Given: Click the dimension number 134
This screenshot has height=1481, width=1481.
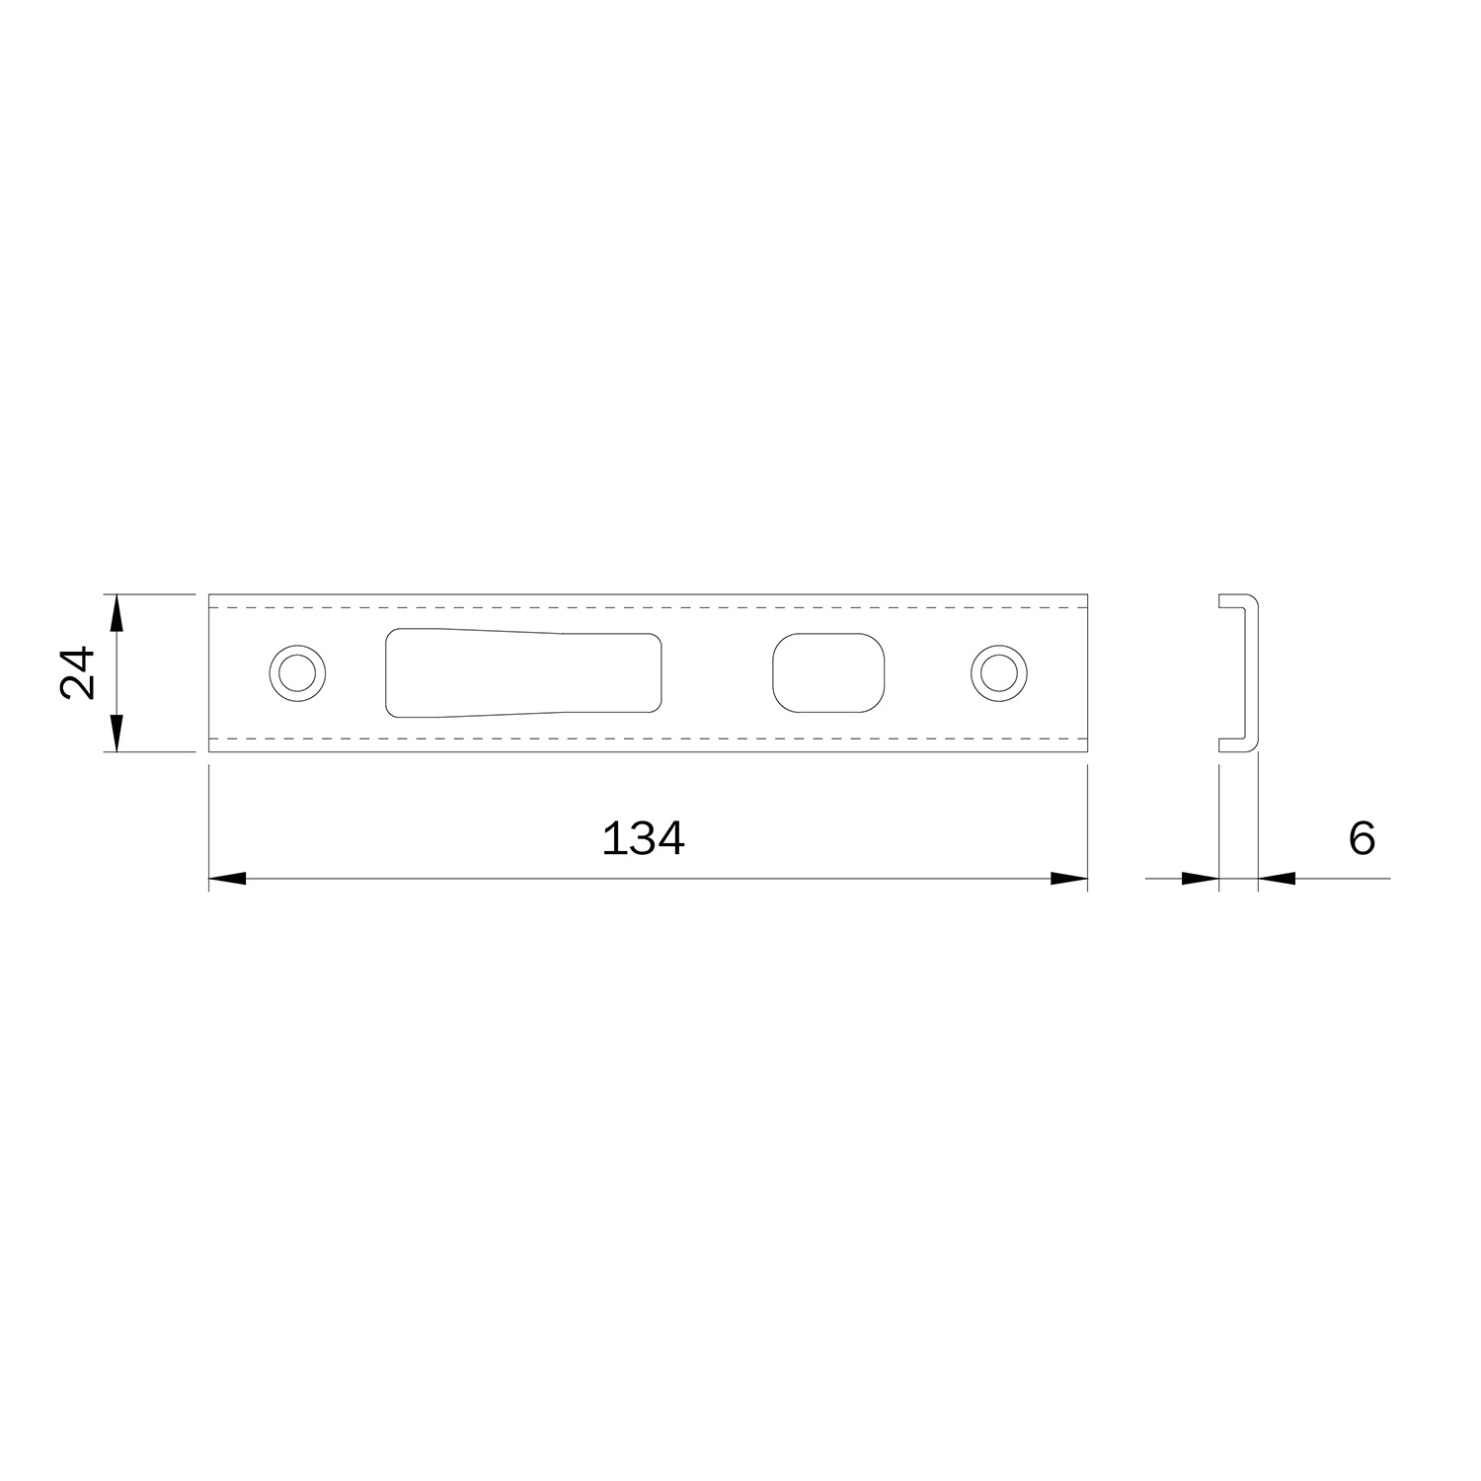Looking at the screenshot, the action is tap(643, 838).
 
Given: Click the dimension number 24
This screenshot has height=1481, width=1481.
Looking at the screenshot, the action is tap(78, 672).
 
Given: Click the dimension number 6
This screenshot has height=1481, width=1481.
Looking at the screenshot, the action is tap(1362, 838).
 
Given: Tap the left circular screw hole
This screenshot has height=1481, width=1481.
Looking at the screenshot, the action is tap(298, 673).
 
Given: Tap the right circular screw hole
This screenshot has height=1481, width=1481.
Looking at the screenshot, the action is tap(999, 673).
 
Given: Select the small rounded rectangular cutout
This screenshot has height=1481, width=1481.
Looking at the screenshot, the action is tap(828, 671).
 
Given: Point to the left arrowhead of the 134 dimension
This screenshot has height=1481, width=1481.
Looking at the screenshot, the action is tap(227, 878).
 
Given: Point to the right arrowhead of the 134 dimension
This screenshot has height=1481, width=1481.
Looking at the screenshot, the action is tap(1069, 878).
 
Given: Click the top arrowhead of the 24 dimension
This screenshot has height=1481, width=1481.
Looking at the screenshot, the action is tap(117, 612).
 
